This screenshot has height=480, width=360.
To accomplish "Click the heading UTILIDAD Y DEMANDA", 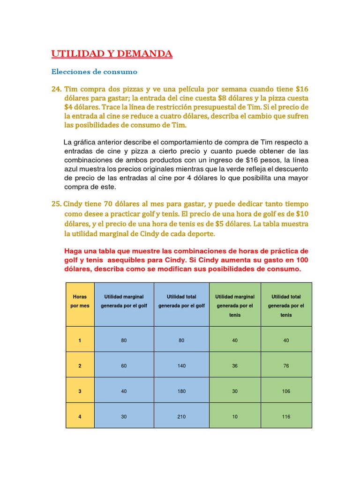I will click(112, 54).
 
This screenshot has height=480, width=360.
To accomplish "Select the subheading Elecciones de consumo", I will click(94, 72).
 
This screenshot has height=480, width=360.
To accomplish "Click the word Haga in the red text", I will click(72, 251).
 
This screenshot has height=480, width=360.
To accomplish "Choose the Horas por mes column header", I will click(80, 301).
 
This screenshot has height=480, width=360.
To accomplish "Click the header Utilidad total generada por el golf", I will click(181, 301).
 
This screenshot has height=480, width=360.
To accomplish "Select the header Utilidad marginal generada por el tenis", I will click(234, 305).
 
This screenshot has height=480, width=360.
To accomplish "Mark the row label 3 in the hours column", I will click(80, 391).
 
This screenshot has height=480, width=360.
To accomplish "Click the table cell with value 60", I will click(124, 365).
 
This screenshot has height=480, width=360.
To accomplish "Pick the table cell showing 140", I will click(181, 365).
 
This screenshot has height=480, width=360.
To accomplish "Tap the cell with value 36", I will click(234, 365).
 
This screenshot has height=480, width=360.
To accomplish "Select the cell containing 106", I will click(286, 391).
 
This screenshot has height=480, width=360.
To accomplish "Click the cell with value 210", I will click(181, 416).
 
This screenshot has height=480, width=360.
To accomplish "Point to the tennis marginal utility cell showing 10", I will click(234, 416).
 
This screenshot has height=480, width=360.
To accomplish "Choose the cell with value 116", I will click(286, 416).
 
